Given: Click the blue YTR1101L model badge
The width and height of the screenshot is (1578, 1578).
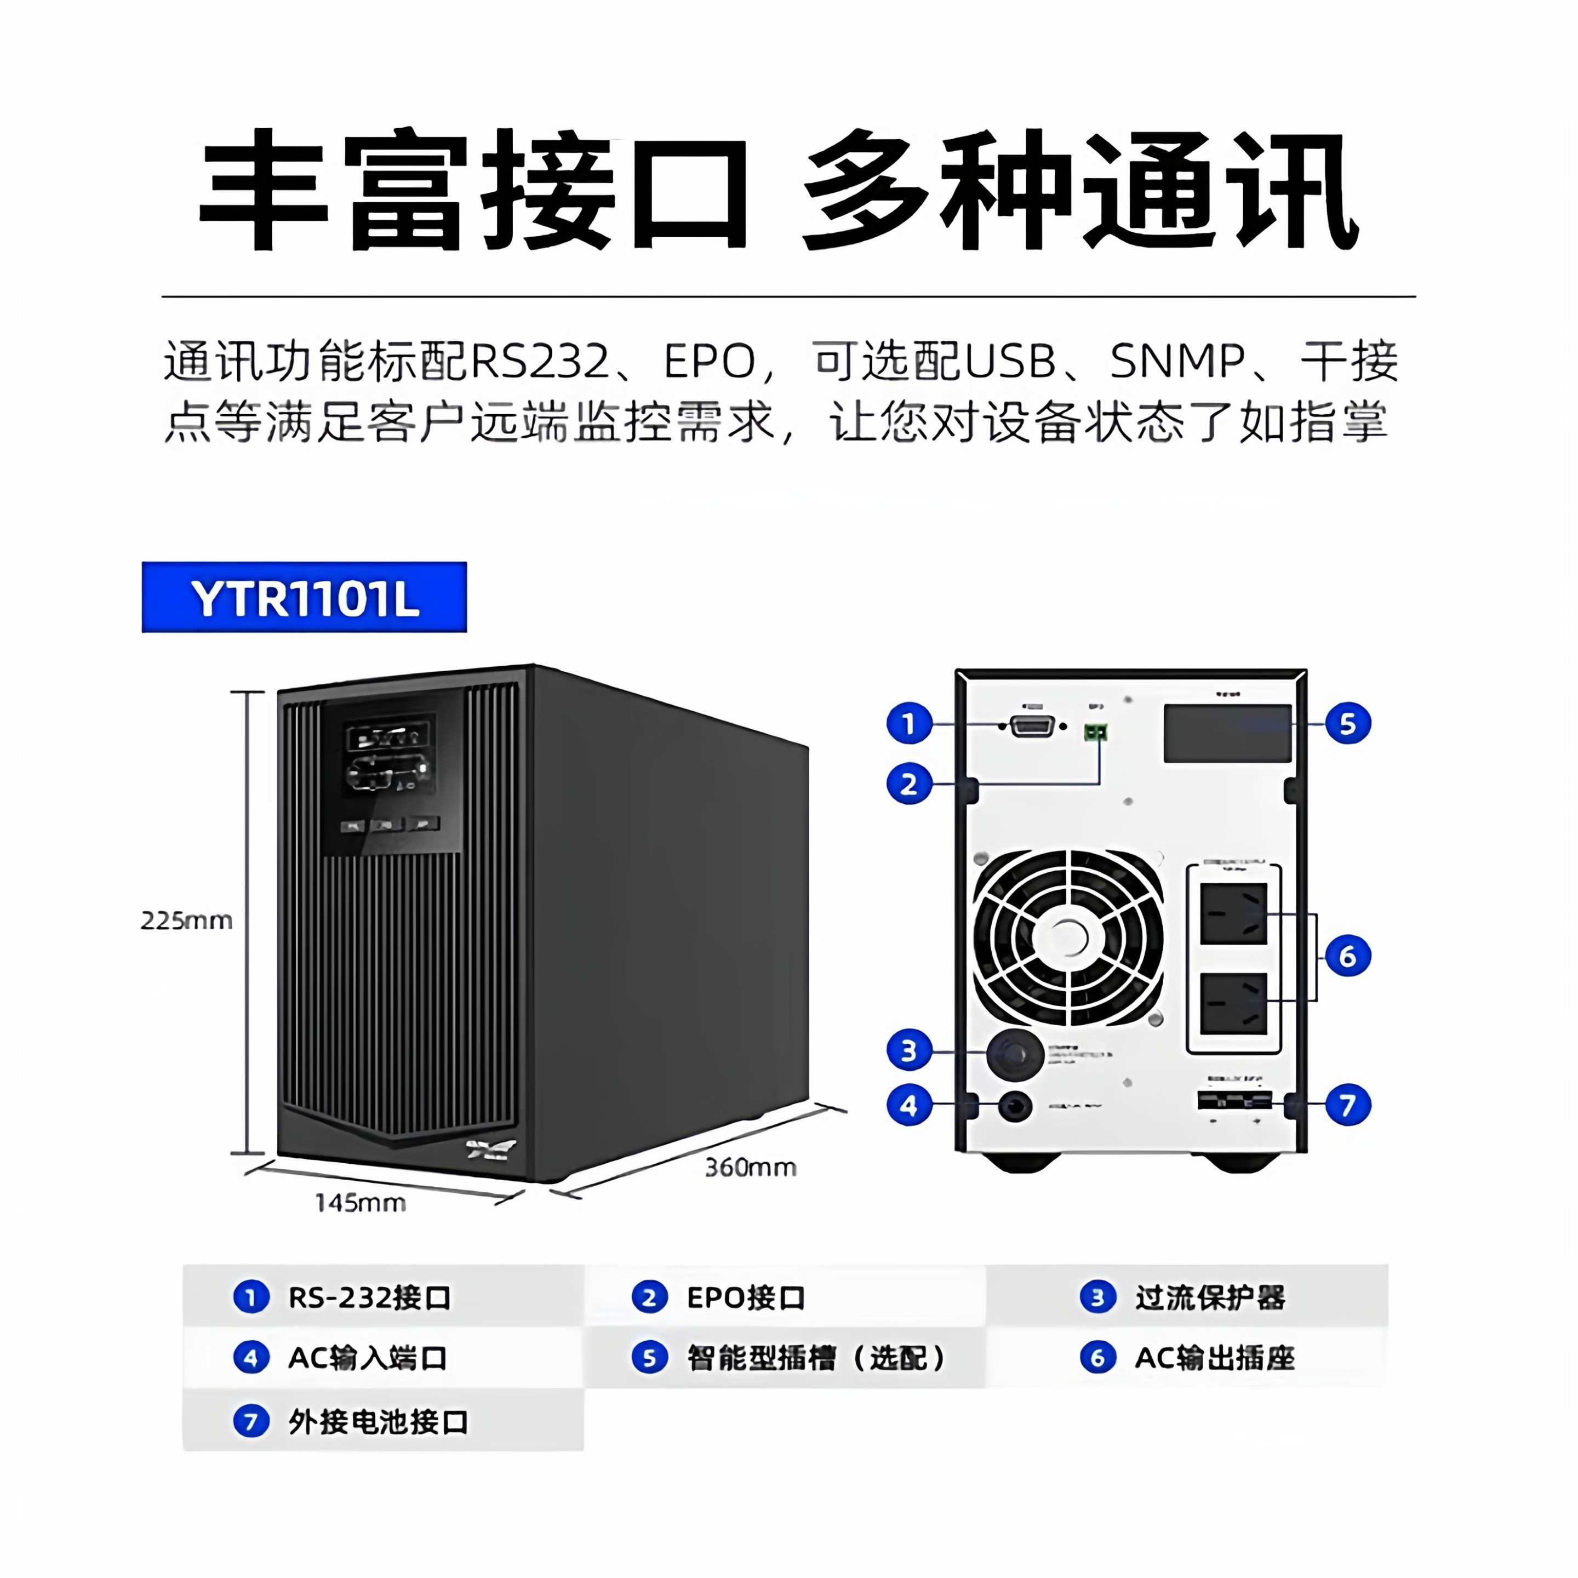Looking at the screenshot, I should [x=304, y=597].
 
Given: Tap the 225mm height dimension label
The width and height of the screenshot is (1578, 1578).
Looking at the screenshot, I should [x=186, y=921].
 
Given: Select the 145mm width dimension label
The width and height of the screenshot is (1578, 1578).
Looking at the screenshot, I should [x=360, y=1202].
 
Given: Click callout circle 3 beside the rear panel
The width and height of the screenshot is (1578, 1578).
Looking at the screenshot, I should [x=909, y=1051].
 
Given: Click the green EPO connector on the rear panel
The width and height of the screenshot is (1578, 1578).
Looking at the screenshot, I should [x=1095, y=732].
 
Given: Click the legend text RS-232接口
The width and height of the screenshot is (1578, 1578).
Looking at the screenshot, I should [x=369, y=1297].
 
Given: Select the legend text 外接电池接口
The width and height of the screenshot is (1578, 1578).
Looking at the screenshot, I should [x=378, y=1422].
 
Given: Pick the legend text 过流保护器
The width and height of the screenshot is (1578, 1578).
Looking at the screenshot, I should [x=1210, y=1297].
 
